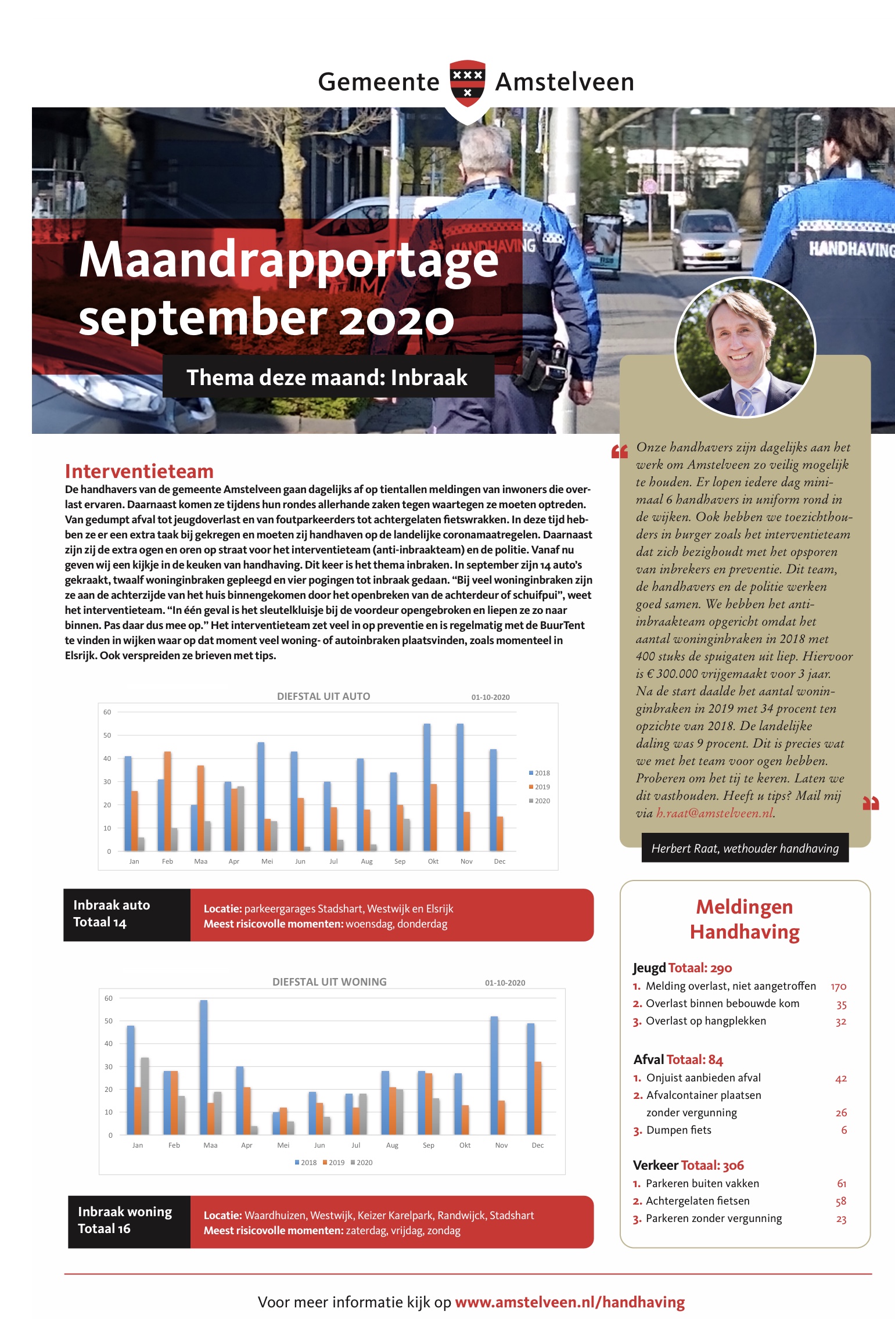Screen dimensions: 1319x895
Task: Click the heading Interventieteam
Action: tap(139, 471)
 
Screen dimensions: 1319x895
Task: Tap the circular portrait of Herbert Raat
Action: tap(745, 347)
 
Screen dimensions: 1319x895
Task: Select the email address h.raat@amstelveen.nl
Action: tap(714, 813)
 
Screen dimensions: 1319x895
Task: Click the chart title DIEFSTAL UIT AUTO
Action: tap(324, 696)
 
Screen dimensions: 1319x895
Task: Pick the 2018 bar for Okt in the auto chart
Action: tap(427, 787)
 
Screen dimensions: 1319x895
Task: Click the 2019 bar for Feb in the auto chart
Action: tap(167, 802)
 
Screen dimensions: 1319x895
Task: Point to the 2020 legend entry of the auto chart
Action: tap(540, 801)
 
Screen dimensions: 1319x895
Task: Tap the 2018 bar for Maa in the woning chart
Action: tap(203, 1067)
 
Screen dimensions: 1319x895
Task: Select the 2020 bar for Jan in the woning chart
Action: tap(145, 1095)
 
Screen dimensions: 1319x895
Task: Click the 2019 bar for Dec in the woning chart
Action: tap(538, 1098)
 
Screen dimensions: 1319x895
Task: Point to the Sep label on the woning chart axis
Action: tap(429, 1145)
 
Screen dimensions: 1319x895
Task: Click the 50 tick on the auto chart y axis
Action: tap(107, 735)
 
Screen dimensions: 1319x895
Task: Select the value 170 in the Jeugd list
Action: tap(838, 987)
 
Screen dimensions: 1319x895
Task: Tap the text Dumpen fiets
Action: tap(678, 1130)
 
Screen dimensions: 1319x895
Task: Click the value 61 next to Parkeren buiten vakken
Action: tap(842, 1184)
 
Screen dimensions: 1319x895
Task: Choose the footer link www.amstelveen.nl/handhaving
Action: tap(570, 1302)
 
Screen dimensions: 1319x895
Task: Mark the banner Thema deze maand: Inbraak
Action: tap(328, 378)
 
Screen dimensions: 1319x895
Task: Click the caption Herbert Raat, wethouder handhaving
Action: tap(745, 849)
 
